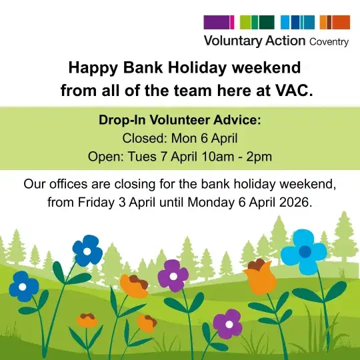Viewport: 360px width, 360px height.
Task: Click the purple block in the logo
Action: (x=218, y=22)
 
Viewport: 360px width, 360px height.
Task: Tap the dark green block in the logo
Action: (x=267, y=22)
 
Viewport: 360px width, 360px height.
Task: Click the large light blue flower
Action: (x=304, y=251)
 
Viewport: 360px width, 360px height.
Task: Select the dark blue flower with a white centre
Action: (x=23, y=287)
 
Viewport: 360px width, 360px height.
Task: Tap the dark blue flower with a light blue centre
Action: (x=87, y=250)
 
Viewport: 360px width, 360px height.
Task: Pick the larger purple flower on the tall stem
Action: (x=173, y=275)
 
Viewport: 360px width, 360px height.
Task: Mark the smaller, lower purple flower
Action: (x=228, y=323)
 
